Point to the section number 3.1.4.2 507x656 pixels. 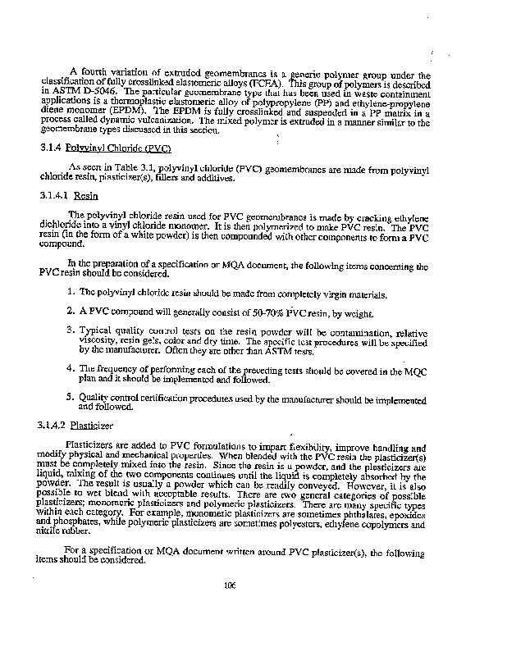click(x=54, y=426)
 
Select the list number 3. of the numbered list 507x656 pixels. click(x=73, y=330)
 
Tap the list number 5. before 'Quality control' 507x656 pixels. click(x=73, y=398)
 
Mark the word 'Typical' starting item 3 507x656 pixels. click(x=97, y=330)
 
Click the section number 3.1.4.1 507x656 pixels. click(x=54, y=197)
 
